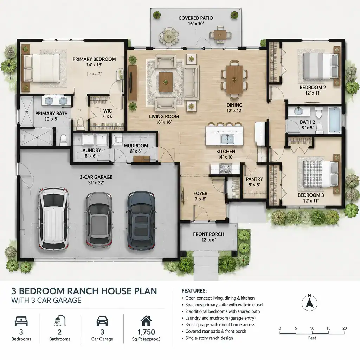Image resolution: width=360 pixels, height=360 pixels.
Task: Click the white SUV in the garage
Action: [x=54, y=219]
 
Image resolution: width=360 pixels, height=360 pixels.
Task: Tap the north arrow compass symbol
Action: [x=309, y=303]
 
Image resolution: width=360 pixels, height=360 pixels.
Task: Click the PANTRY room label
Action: [x=254, y=179]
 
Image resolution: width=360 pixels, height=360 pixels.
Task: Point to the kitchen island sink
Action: [x=227, y=139]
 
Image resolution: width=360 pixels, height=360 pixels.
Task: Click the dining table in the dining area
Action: [x=234, y=79]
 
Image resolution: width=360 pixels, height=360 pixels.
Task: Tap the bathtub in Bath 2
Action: [x=335, y=120]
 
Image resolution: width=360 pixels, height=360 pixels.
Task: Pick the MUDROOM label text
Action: [x=136, y=146]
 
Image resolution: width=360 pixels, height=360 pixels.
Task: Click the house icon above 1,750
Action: [x=146, y=321]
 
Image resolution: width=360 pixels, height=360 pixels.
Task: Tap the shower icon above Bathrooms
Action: [x=60, y=321]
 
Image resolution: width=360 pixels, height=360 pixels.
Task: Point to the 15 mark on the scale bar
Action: [x=328, y=328]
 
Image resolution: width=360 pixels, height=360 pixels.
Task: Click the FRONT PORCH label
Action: [x=208, y=234]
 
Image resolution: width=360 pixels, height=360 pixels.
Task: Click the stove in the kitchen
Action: [x=226, y=168]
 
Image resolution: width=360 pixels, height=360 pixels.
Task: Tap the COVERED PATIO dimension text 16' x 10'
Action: [x=196, y=24]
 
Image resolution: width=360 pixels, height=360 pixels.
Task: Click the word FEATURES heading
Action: [x=194, y=291]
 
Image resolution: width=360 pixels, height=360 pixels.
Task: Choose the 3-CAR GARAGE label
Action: [x=96, y=177]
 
